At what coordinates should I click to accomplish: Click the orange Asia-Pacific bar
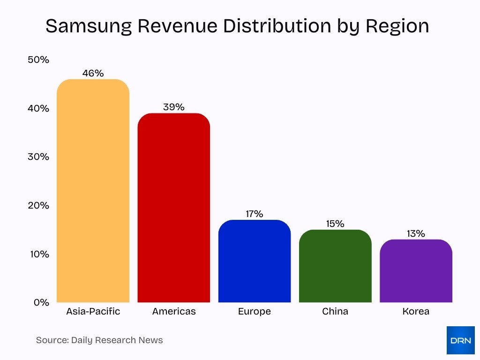point(93,192)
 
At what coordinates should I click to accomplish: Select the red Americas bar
point(173,209)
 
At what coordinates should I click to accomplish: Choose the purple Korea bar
point(416,272)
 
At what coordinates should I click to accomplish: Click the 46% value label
point(93,73)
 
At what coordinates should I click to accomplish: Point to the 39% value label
point(173,107)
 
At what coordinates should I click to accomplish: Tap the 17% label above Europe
point(255,214)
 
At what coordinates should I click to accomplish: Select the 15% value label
point(335,224)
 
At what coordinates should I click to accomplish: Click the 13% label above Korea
point(416,233)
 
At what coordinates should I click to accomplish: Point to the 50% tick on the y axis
point(38,60)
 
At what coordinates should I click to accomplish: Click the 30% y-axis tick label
point(38,157)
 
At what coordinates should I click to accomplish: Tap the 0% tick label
point(41,302)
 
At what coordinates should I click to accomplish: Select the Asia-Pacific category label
point(93,311)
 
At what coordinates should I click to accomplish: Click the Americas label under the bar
point(173,311)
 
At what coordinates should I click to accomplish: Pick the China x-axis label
point(335,311)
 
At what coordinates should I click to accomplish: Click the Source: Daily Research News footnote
point(99,340)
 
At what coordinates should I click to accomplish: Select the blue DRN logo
point(460,340)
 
